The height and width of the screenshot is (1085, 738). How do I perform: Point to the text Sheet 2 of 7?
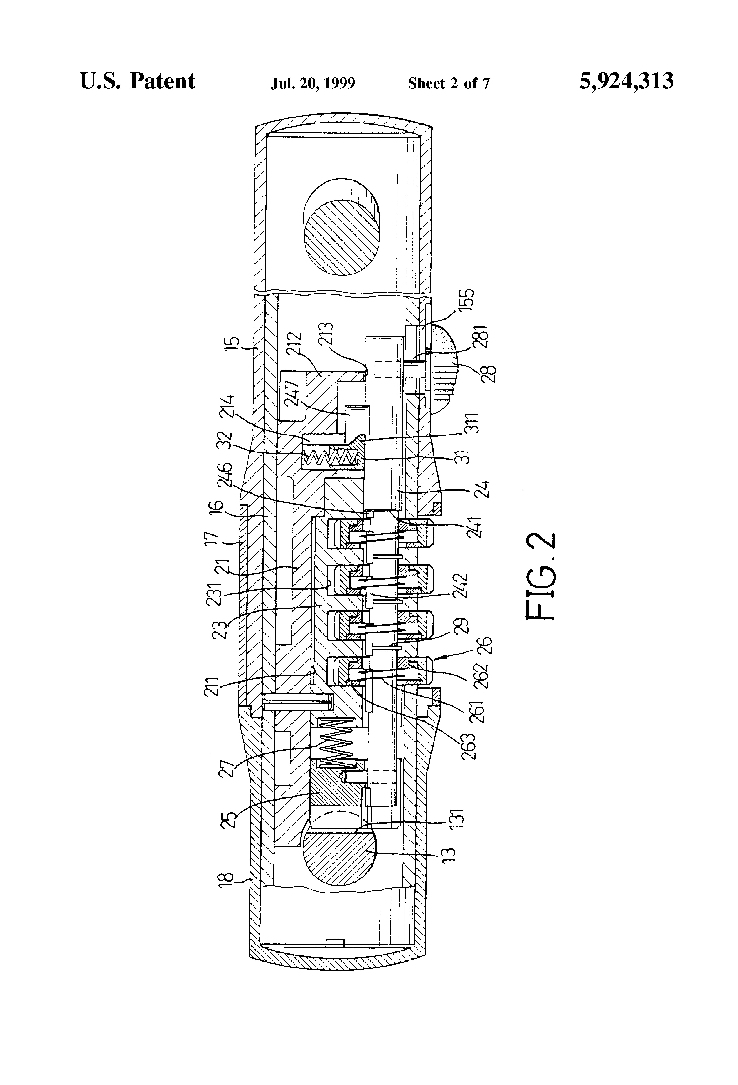point(449,83)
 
